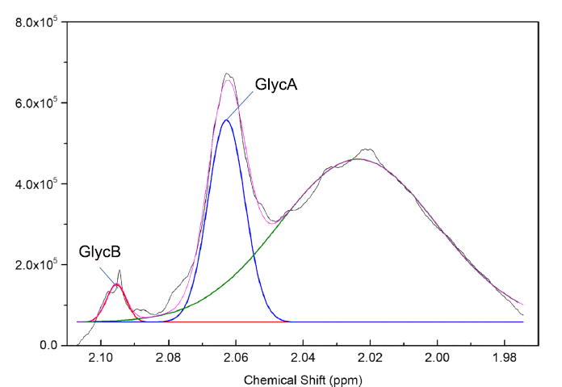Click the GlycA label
pos(276,83)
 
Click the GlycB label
pos(99,251)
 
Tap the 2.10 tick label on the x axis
pos(101,358)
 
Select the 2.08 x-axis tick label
pos(168,358)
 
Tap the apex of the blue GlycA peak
pos(226,120)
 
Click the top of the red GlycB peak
pos(117,284)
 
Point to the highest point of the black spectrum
pos(227,74)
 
